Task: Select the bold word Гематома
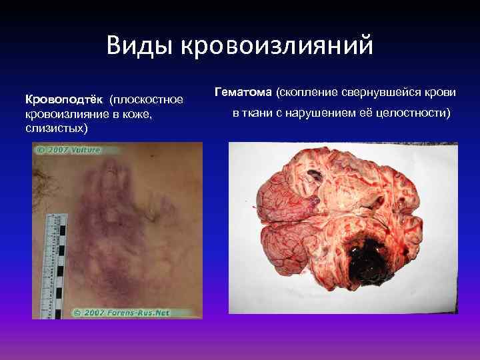pos(244,90)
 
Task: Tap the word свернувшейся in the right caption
pos(383,90)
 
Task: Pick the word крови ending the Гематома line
pos(443,90)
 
